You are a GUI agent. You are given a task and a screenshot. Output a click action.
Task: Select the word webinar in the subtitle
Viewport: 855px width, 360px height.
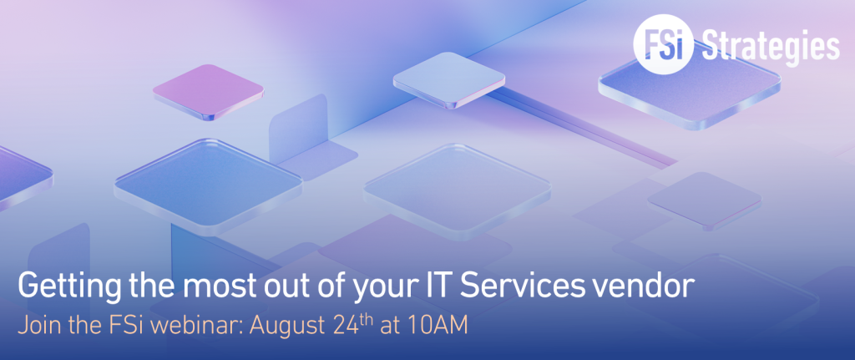tap(199, 326)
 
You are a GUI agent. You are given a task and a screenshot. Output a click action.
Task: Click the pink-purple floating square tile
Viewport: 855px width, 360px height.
tap(208, 91)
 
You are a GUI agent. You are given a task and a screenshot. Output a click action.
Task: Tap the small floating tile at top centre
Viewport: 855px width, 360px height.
tap(448, 79)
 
